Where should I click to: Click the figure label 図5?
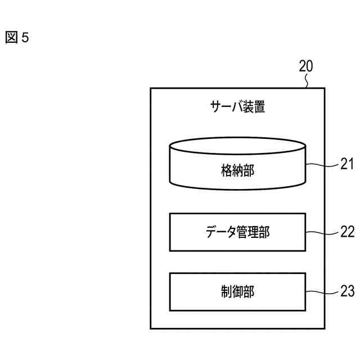16,38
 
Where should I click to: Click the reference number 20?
306,66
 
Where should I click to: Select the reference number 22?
347,232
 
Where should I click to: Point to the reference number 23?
347,291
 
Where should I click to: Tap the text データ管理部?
237,232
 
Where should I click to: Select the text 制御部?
237,291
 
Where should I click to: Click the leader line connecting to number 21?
322,165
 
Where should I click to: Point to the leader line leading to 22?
322,232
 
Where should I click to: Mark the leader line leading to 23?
322,291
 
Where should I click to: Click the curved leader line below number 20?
307,82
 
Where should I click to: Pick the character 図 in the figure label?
11,38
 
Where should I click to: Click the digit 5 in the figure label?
24,38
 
